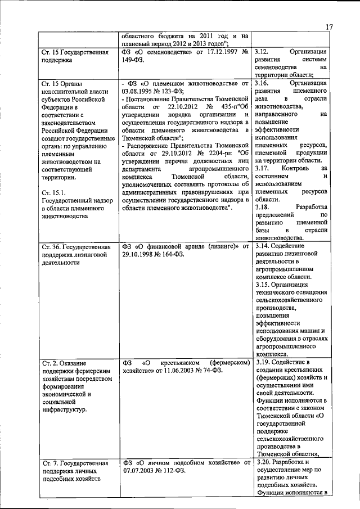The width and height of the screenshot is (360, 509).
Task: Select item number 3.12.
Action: (263, 52)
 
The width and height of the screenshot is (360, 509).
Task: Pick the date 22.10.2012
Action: (179, 107)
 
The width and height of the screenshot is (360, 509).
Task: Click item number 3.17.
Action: (263, 168)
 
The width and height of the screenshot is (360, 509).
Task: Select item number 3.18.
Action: (263, 207)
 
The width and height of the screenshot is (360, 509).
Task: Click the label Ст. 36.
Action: (51, 246)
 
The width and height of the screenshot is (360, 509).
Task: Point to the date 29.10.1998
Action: (139, 254)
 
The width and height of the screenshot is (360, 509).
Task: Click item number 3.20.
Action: (263, 462)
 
